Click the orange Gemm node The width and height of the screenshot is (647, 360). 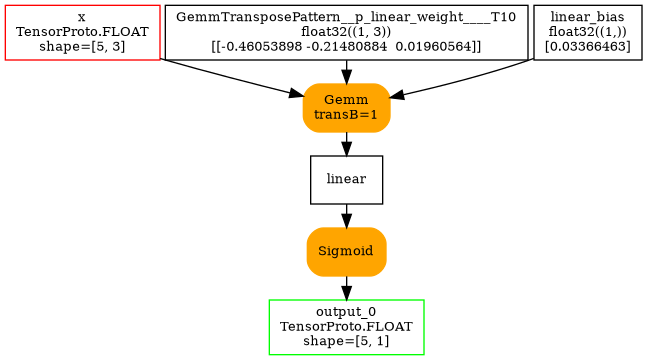click(x=346, y=107)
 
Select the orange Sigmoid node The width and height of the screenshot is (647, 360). click(x=346, y=251)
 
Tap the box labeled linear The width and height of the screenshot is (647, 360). click(x=346, y=179)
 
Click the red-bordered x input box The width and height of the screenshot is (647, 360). click(x=82, y=32)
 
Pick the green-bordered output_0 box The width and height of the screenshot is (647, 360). click(x=346, y=326)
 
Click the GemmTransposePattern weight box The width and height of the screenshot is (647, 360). click(x=346, y=32)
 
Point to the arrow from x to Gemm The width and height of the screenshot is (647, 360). click(x=230, y=78)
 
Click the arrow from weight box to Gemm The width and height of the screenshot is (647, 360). click(x=346, y=71)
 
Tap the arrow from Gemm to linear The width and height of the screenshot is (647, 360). click(x=346, y=143)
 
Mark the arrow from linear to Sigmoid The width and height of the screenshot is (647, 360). click(x=346, y=215)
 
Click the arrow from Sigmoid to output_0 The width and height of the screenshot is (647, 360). click(x=346, y=287)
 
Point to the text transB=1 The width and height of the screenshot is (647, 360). click(x=346, y=115)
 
